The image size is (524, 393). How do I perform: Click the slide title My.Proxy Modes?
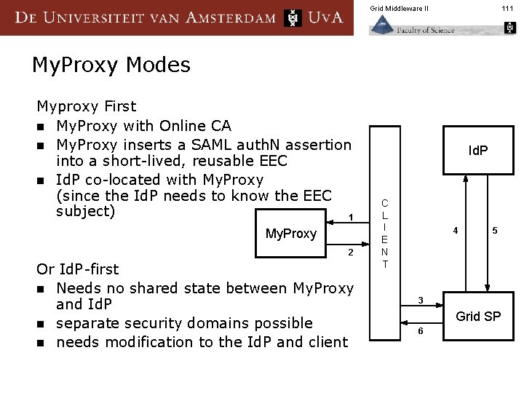[x=111, y=65]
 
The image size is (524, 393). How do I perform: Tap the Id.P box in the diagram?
[x=477, y=151]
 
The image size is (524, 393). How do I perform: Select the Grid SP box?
[x=477, y=316]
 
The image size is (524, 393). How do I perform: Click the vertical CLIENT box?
[x=385, y=233]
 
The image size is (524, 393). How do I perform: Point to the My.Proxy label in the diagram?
[x=291, y=234]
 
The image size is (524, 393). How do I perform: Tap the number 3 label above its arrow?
[x=420, y=300]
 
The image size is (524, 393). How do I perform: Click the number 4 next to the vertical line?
[x=455, y=231]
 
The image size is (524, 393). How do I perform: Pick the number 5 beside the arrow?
[x=495, y=231]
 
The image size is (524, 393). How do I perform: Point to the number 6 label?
[x=420, y=331]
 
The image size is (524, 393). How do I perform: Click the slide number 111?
[x=507, y=8]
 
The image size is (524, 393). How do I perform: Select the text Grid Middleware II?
[x=399, y=8]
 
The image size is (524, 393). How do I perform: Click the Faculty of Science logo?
[x=412, y=26]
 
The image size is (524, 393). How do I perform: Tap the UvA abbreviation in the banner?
[x=325, y=17]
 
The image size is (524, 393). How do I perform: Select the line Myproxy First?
[x=87, y=107]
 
